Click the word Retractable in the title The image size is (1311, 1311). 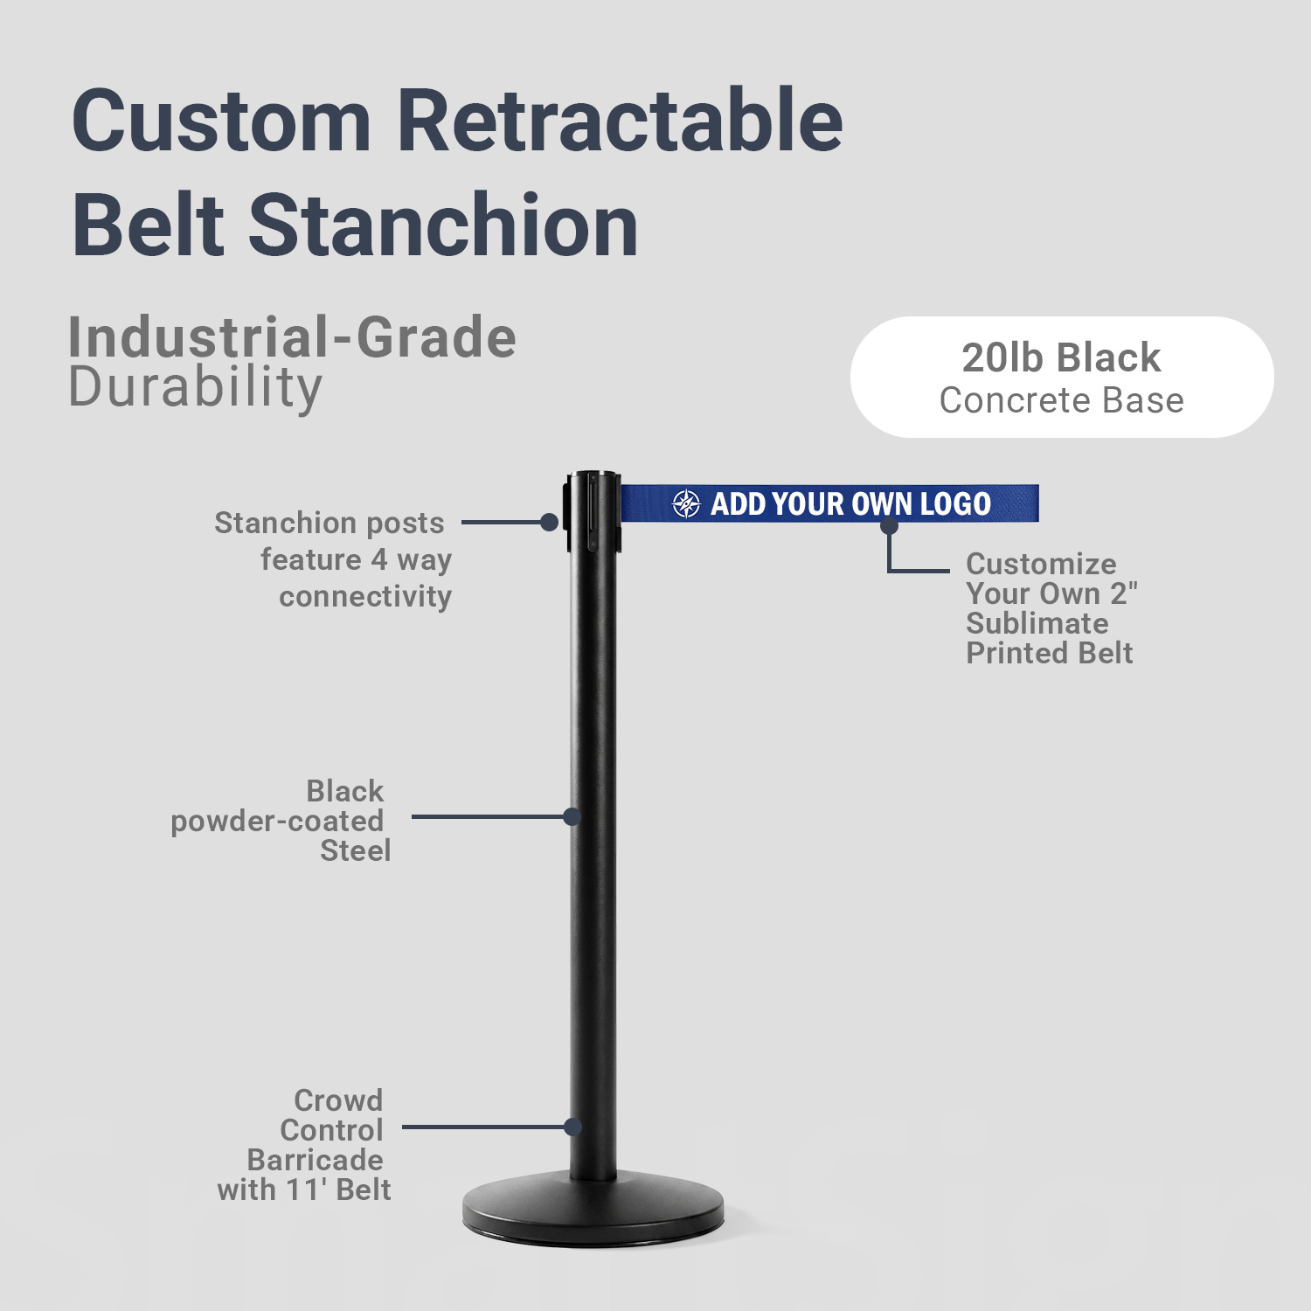click(620, 120)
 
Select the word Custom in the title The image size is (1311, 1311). click(222, 120)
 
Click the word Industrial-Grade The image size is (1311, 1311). click(293, 337)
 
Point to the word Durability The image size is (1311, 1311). click(196, 387)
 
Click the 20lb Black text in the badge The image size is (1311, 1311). click(1061, 357)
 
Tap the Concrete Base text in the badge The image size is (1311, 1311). click(1062, 400)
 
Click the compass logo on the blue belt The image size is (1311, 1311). click(686, 503)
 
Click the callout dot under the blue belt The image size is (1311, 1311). click(889, 525)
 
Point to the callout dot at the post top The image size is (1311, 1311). click(549, 523)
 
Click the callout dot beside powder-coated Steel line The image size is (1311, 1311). click(572, 817)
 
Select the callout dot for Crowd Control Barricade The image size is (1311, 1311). click(573, 1127)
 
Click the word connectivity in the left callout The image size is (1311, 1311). click(365, 596)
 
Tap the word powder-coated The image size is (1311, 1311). click(277, 822)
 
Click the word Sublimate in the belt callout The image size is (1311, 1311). click(1037, 623)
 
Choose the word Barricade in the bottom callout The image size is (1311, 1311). click(316, 1160)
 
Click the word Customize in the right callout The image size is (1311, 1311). click(1041, 564)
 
